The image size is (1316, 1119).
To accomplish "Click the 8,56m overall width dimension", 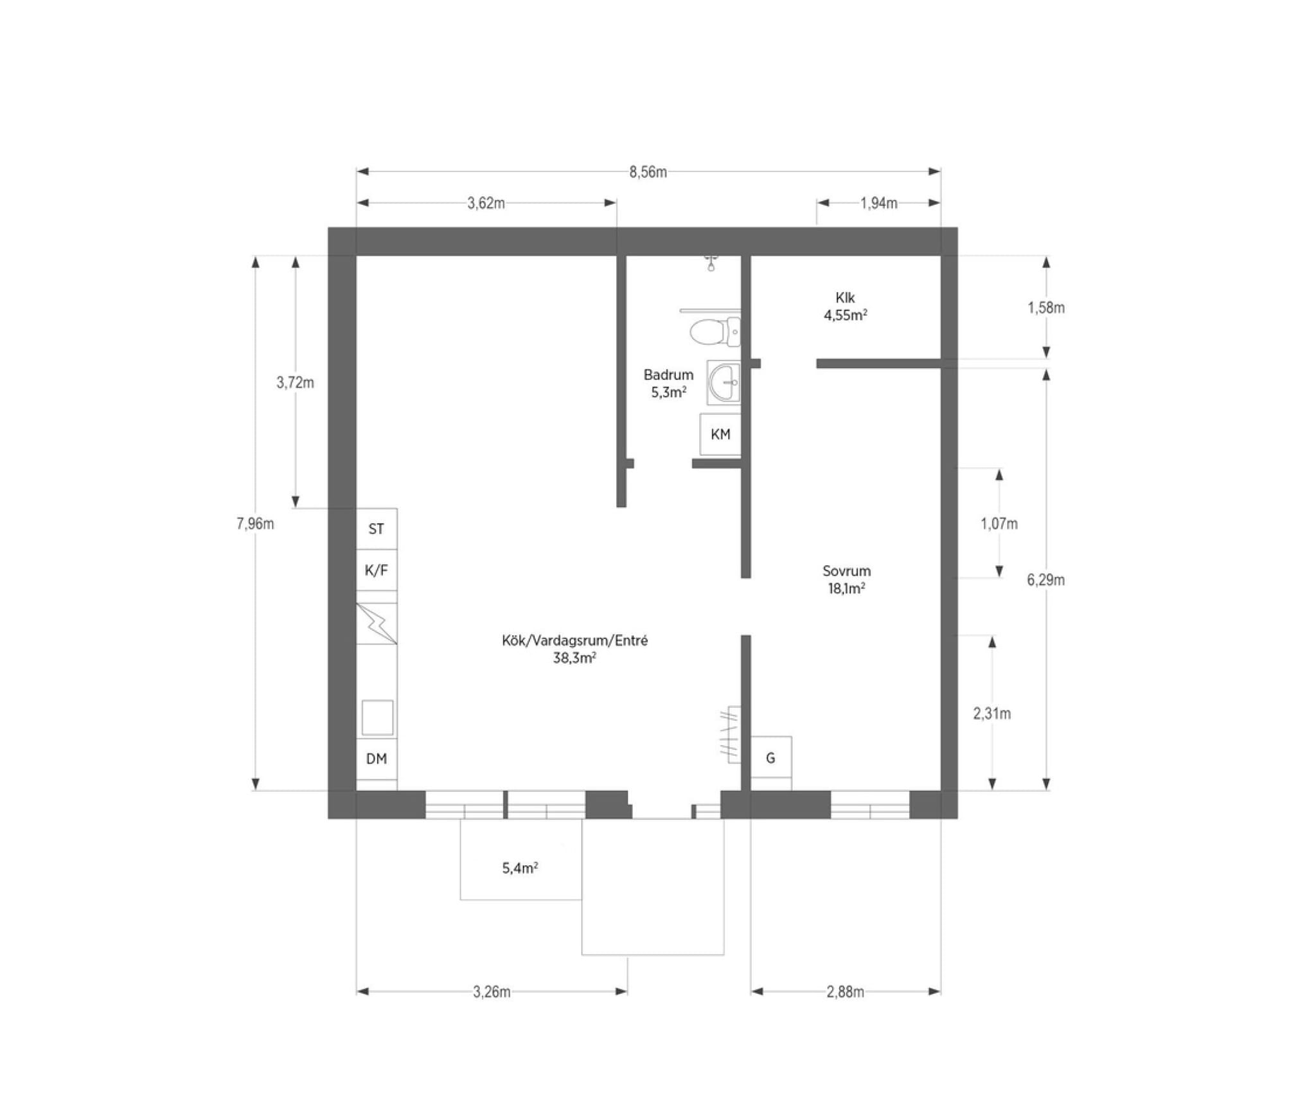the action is (648, 172).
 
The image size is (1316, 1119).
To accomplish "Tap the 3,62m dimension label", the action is (486, 204).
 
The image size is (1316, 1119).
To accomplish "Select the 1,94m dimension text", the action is (878, 204).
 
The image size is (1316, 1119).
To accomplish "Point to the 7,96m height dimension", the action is (255, 524).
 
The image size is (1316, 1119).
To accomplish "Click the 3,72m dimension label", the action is (295, 383).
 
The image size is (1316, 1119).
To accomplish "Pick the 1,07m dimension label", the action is (999, 524).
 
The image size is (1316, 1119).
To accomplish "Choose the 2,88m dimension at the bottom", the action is (845, 992).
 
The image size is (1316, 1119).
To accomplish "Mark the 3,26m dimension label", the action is (492, 992).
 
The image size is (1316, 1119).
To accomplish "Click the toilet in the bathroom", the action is (715, 331).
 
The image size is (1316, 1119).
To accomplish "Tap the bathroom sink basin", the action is (724, 383).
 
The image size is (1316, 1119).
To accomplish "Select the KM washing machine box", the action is (720, 435).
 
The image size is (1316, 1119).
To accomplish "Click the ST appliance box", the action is (377, 529).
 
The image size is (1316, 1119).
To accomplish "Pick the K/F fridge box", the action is (377, 570).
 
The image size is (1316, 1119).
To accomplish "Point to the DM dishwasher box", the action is (377, 759).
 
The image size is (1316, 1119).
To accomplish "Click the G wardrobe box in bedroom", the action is (771, 758).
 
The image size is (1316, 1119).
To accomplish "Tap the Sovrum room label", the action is (846, 571).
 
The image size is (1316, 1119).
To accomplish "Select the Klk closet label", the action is (845, 297).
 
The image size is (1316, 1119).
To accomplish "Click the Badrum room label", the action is (668, 374).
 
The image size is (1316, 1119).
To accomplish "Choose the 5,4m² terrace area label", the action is (520, 868).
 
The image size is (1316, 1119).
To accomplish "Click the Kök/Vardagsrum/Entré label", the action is (575, 640).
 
